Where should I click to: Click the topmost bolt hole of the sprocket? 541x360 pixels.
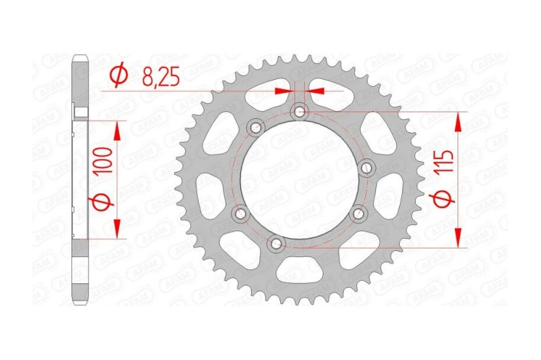pos(299,113)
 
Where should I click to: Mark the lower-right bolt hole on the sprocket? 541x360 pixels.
pos(355,218)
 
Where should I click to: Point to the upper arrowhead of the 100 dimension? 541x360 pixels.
pos(117,130)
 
